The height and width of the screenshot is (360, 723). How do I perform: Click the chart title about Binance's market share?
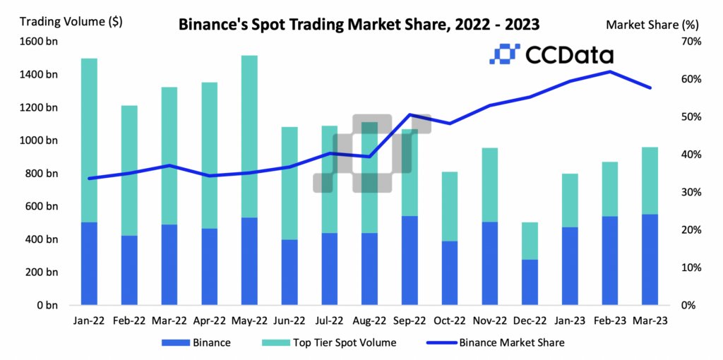tap(359, 24)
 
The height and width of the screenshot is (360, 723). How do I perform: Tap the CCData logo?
tap(551, 54)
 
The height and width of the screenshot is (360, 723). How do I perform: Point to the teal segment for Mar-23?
tap(649, 181)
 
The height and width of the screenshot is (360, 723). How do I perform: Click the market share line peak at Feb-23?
tap(609, 71)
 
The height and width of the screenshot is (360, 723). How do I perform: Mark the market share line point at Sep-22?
tap(410, 114)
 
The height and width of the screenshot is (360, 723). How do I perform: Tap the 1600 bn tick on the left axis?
tap(39, 41)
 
